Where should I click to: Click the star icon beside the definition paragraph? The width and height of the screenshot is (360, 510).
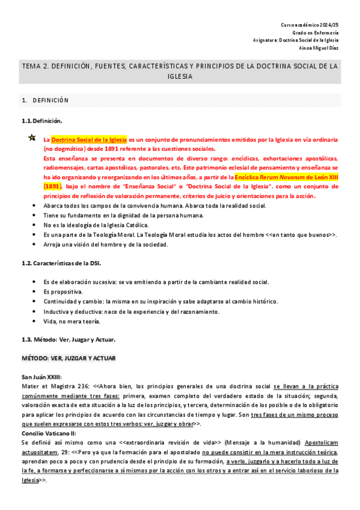[x=32, y=138]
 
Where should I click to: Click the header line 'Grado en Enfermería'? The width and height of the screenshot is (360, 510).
[x=316, y=32]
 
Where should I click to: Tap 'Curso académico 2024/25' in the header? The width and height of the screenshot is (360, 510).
[x=310, y=23]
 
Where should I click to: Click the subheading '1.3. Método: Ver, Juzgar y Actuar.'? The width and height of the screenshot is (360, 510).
[x=68, y=340]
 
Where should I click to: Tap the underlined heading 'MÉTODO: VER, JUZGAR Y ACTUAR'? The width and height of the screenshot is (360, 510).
[x=68, y=358]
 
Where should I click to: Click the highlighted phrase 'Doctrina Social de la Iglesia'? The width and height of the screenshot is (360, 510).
[x=88, y=139]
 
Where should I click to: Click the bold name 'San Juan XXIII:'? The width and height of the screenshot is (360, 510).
[x=41, y=377]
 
